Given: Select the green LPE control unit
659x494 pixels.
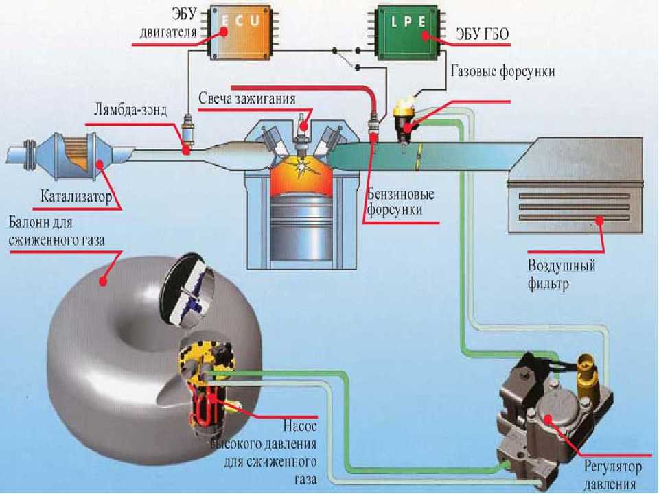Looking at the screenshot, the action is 406,32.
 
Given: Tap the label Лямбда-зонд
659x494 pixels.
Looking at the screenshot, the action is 130,110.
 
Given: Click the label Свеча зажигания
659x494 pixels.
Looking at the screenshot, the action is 247,99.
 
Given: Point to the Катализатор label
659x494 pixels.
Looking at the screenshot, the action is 76,196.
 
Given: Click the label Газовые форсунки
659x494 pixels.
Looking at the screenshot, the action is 502,71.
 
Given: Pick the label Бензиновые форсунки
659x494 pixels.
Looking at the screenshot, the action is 400,202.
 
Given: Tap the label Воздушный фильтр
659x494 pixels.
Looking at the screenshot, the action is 562,274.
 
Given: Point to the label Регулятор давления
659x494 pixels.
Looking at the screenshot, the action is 613,475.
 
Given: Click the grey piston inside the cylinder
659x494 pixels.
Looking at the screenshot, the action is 301,233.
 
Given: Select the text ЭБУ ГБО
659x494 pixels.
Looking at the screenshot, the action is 483,34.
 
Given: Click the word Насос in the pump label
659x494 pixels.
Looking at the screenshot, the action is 300,426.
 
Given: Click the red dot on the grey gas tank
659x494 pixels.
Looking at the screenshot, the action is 103,281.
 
